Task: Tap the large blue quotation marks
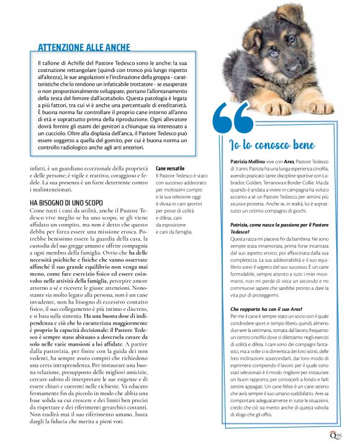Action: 235,122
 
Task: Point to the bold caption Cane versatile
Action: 170,168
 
